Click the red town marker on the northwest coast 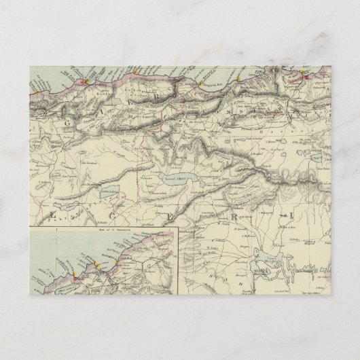[x=86, y=84]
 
